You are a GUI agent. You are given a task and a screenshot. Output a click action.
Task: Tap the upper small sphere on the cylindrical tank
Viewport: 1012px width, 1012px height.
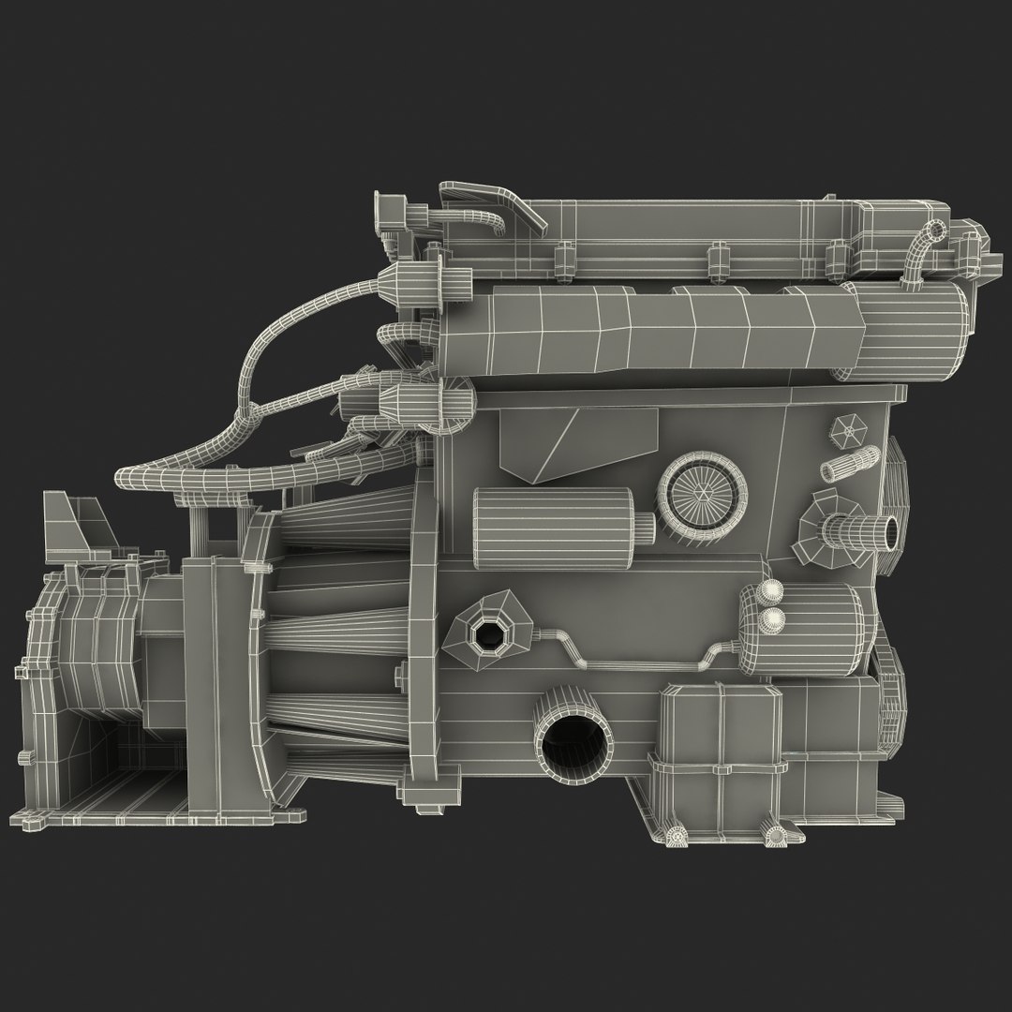pos(771,590)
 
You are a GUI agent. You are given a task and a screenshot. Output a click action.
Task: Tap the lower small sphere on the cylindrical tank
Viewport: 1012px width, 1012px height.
pos(774,618)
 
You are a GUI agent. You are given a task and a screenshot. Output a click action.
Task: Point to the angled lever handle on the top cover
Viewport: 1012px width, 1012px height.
pos(497,205)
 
